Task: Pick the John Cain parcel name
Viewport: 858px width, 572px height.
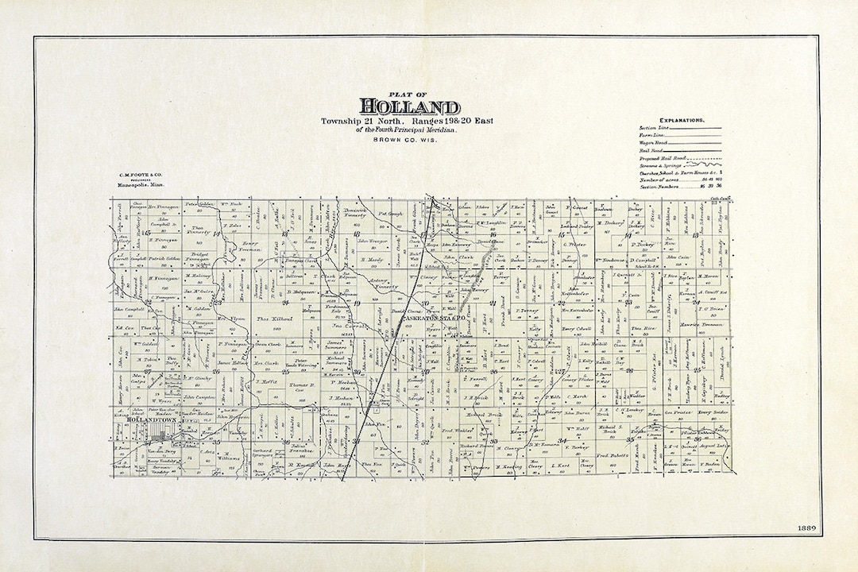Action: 677,257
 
